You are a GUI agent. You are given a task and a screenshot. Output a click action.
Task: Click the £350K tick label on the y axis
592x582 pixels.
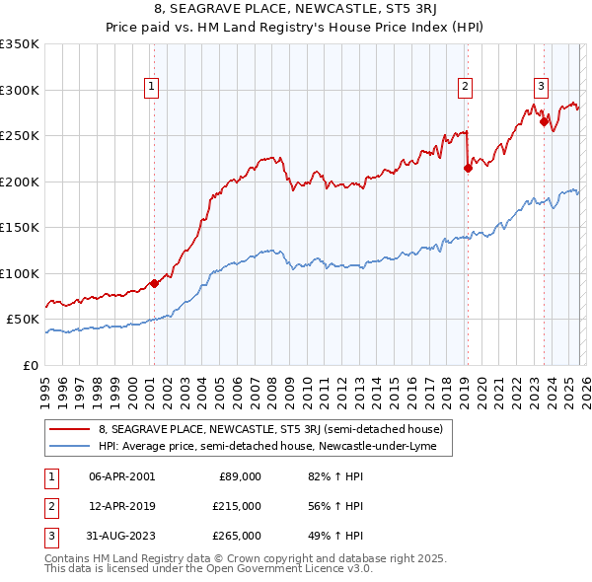[20, 44]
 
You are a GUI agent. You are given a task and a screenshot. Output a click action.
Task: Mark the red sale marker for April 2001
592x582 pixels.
[154, 284]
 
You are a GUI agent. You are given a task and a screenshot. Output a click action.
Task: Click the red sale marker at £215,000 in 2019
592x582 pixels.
[468, 168]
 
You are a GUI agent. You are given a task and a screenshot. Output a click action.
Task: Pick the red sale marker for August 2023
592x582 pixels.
[544, 122]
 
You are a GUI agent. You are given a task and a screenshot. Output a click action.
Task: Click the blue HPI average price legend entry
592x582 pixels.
[274, 447]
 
